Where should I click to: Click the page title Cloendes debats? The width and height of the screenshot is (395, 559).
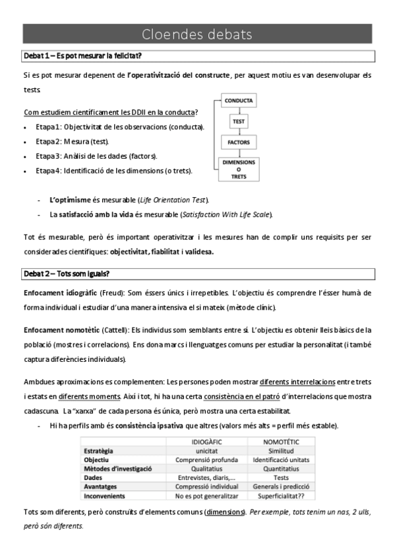pyautogui.click(x=197, y=34)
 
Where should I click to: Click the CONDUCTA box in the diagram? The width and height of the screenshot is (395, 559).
pyautogui.click(x=238, y=102)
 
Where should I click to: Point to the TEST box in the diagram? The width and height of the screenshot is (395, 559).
pyautogui.click(x=238, y=122)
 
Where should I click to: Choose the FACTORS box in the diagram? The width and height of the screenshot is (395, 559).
pyautogui.click(x=238, y=142)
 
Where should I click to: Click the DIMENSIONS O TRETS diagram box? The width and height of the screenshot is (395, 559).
pyautogui.click(x=238, y=168)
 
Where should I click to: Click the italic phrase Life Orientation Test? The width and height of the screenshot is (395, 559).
pyautogui.click(x=177, y=199)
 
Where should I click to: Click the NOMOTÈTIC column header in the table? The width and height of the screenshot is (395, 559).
pyautogui.click(x=281, y=441)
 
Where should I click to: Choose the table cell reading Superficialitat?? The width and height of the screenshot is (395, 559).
pyautogui.click(x=281, y=495)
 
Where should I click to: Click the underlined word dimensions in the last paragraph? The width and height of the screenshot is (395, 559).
pyautogui.click(x=223, y=512)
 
